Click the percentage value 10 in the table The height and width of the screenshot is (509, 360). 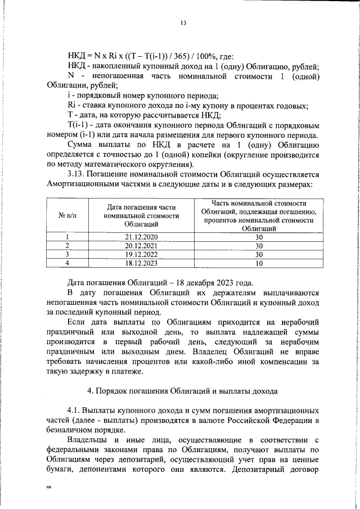point(259,262)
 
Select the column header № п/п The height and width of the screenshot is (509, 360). point(67,216)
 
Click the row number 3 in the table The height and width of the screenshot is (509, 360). point(67,254)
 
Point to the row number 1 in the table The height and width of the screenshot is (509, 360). point(67,237)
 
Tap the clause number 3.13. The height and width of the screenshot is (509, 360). point(77,174)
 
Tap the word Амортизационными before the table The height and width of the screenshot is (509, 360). point(83,184)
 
